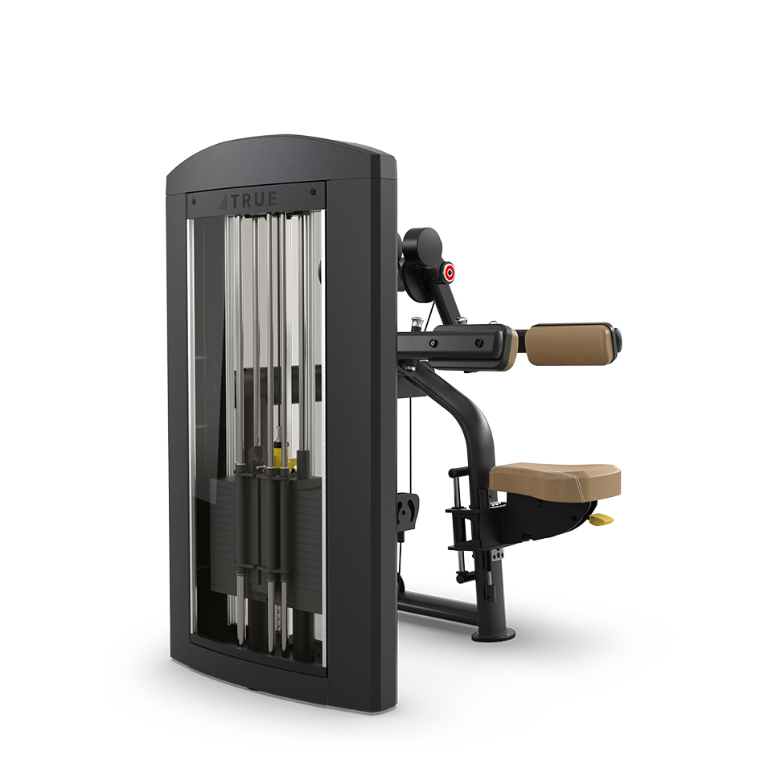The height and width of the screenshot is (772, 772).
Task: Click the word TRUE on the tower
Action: click(x=254, y=200)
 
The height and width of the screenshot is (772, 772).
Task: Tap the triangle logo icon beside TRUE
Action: click(x=224, y=202)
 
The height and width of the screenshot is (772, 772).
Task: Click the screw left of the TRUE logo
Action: click(x=194, y=201)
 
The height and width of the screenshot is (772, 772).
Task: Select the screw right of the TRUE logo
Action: click(x=313, y=192)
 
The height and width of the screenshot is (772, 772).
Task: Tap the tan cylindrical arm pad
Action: click(x=571, y=344)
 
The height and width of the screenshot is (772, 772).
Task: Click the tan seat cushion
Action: click(x=556, y=481)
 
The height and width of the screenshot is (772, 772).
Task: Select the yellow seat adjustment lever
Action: click(x=602, y=519)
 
